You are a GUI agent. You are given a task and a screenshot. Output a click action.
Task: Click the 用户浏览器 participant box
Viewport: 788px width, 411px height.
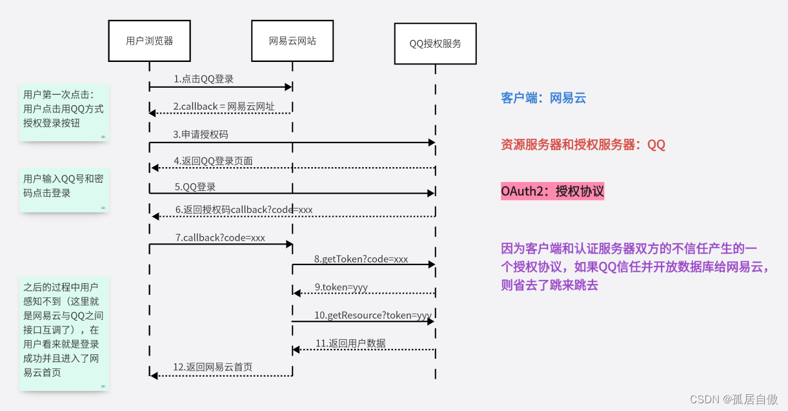point(149,41)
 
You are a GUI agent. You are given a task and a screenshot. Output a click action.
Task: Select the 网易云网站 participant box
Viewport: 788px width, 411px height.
point(292,41)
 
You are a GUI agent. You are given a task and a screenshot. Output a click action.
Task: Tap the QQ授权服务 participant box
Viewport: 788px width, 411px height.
point(435,44)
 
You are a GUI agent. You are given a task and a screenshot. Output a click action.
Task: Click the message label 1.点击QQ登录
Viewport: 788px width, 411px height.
point(203,79)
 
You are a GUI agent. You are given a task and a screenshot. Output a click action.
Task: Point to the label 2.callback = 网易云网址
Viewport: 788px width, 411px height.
point(223,106)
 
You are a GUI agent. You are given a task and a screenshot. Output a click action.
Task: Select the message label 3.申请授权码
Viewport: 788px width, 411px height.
point(200,135)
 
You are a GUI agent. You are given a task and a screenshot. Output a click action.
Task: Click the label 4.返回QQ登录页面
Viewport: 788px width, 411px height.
point(213,161)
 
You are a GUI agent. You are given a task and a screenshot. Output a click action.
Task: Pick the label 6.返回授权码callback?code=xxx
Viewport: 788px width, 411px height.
point(243,210)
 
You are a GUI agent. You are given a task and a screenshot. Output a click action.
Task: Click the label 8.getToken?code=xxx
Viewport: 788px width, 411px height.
point(361,259)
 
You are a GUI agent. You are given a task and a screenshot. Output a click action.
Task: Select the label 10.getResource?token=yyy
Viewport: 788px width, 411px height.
point(372,315)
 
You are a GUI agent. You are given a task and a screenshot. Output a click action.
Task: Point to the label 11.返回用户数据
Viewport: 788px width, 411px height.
point(350,343)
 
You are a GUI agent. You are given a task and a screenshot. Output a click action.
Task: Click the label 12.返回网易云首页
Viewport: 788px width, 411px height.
point(212,367)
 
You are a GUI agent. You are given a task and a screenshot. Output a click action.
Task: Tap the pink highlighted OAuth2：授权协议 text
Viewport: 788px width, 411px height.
point(552,191)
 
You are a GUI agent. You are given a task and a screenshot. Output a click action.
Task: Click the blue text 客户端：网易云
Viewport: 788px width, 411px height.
point(543,98)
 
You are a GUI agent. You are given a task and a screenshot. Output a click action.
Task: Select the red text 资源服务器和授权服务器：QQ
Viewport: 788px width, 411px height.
point(583,145)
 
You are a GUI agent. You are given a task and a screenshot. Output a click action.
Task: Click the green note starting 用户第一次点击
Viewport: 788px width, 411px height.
point(63,112)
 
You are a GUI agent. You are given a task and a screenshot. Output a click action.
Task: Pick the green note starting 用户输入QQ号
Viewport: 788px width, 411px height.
point(63,190)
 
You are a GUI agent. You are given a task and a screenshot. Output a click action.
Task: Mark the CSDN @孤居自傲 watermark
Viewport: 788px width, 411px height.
point(734,399)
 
